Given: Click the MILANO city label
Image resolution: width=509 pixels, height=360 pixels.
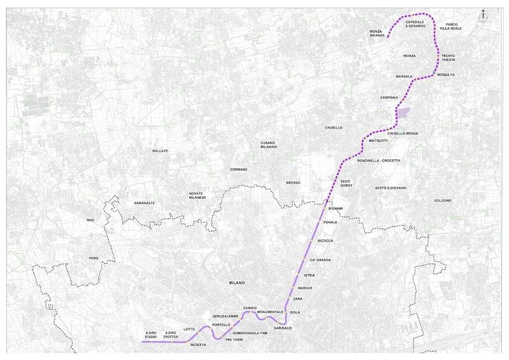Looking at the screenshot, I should pyautogui.click(x=237, y=282).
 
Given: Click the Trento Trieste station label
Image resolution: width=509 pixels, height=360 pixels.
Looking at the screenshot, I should pyautogui.click(x=448, y=58).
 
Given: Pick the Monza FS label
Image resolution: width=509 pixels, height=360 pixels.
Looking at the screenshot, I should pyautogui.click(x=446, y=75).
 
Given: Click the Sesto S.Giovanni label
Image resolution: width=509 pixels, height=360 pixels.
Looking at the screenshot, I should pyautogui.click(x=390, y=188).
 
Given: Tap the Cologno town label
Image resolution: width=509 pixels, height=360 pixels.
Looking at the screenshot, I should pyautogui.click(x=443, y=200).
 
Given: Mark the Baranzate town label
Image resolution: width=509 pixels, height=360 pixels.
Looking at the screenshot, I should pyautogui.click(x=144, y=203).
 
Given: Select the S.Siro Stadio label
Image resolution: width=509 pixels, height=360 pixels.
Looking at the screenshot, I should pyautogui.click(x=151, y=334).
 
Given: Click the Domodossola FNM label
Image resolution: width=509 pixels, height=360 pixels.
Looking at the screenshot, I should pyautogui.click(x=246, y=332).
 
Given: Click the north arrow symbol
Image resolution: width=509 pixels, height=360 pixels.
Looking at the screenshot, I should pyautogui.click(x=484, y=11).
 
